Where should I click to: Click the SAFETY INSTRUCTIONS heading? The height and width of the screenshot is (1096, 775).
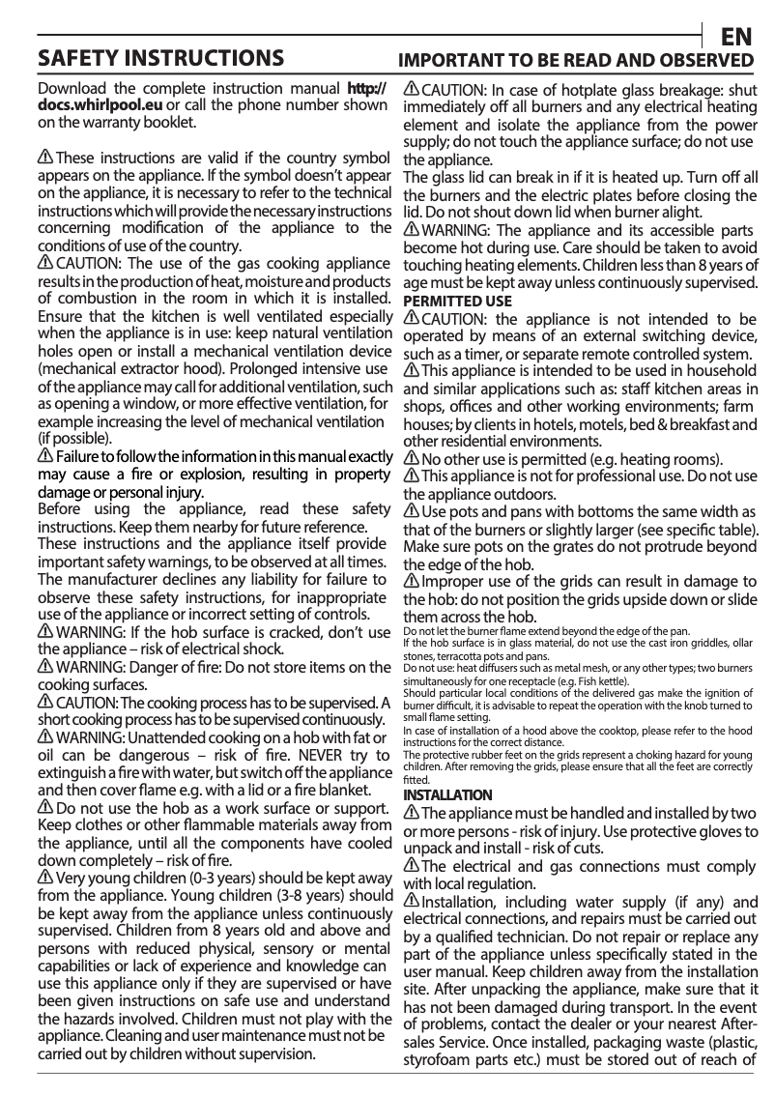click(160, 58)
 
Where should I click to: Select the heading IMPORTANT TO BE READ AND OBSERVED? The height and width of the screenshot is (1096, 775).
click(577, 60)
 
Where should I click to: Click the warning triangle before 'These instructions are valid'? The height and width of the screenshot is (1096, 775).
click(45, 158)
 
